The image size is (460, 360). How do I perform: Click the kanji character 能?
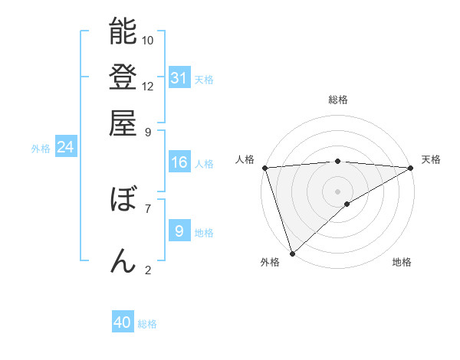[123, 31]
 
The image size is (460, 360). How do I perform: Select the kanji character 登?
[123, 77]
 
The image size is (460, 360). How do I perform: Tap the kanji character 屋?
[123, 123]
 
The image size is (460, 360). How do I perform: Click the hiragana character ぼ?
[123, 200]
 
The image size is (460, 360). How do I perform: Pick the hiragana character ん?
[123, 260]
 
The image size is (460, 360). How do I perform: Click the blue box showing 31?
[179, 78]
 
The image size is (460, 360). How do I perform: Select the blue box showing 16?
[179, 162]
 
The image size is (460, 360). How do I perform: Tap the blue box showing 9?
[179, 231]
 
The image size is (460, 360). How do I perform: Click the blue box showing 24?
[65, 147]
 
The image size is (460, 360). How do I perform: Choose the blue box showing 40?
[123, 322]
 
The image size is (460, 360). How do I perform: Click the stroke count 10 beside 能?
[148, 40]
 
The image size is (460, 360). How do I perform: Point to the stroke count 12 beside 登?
[148, 86]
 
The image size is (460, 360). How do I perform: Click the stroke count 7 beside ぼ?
[148, 207]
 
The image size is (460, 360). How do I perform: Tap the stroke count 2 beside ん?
[148, 269]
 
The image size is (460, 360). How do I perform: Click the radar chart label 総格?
[337, 100]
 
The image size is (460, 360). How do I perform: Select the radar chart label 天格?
[431, 159]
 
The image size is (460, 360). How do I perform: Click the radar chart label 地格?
[402, 263]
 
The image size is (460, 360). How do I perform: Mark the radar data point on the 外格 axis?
[292, 253]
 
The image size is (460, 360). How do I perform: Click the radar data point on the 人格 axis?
[264, 168]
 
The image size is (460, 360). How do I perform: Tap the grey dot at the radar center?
[337, 191]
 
